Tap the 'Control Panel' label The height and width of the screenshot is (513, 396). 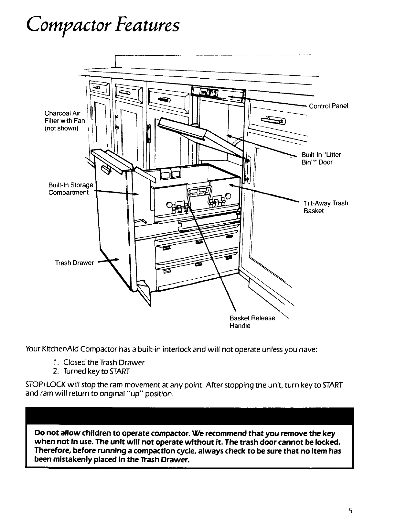click(x=328, y=106)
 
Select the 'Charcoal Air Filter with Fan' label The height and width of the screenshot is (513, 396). click(x=65, y=121)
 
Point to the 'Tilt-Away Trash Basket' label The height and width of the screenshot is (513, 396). click(x=326, y=207)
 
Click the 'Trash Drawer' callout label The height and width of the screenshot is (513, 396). click(x=74, y=262)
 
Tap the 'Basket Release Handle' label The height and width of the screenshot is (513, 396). click(x=252, y=322)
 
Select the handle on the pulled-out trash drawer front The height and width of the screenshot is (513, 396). click(x=105, y=169)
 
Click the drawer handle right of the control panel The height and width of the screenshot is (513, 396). click(x=273, y=121)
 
